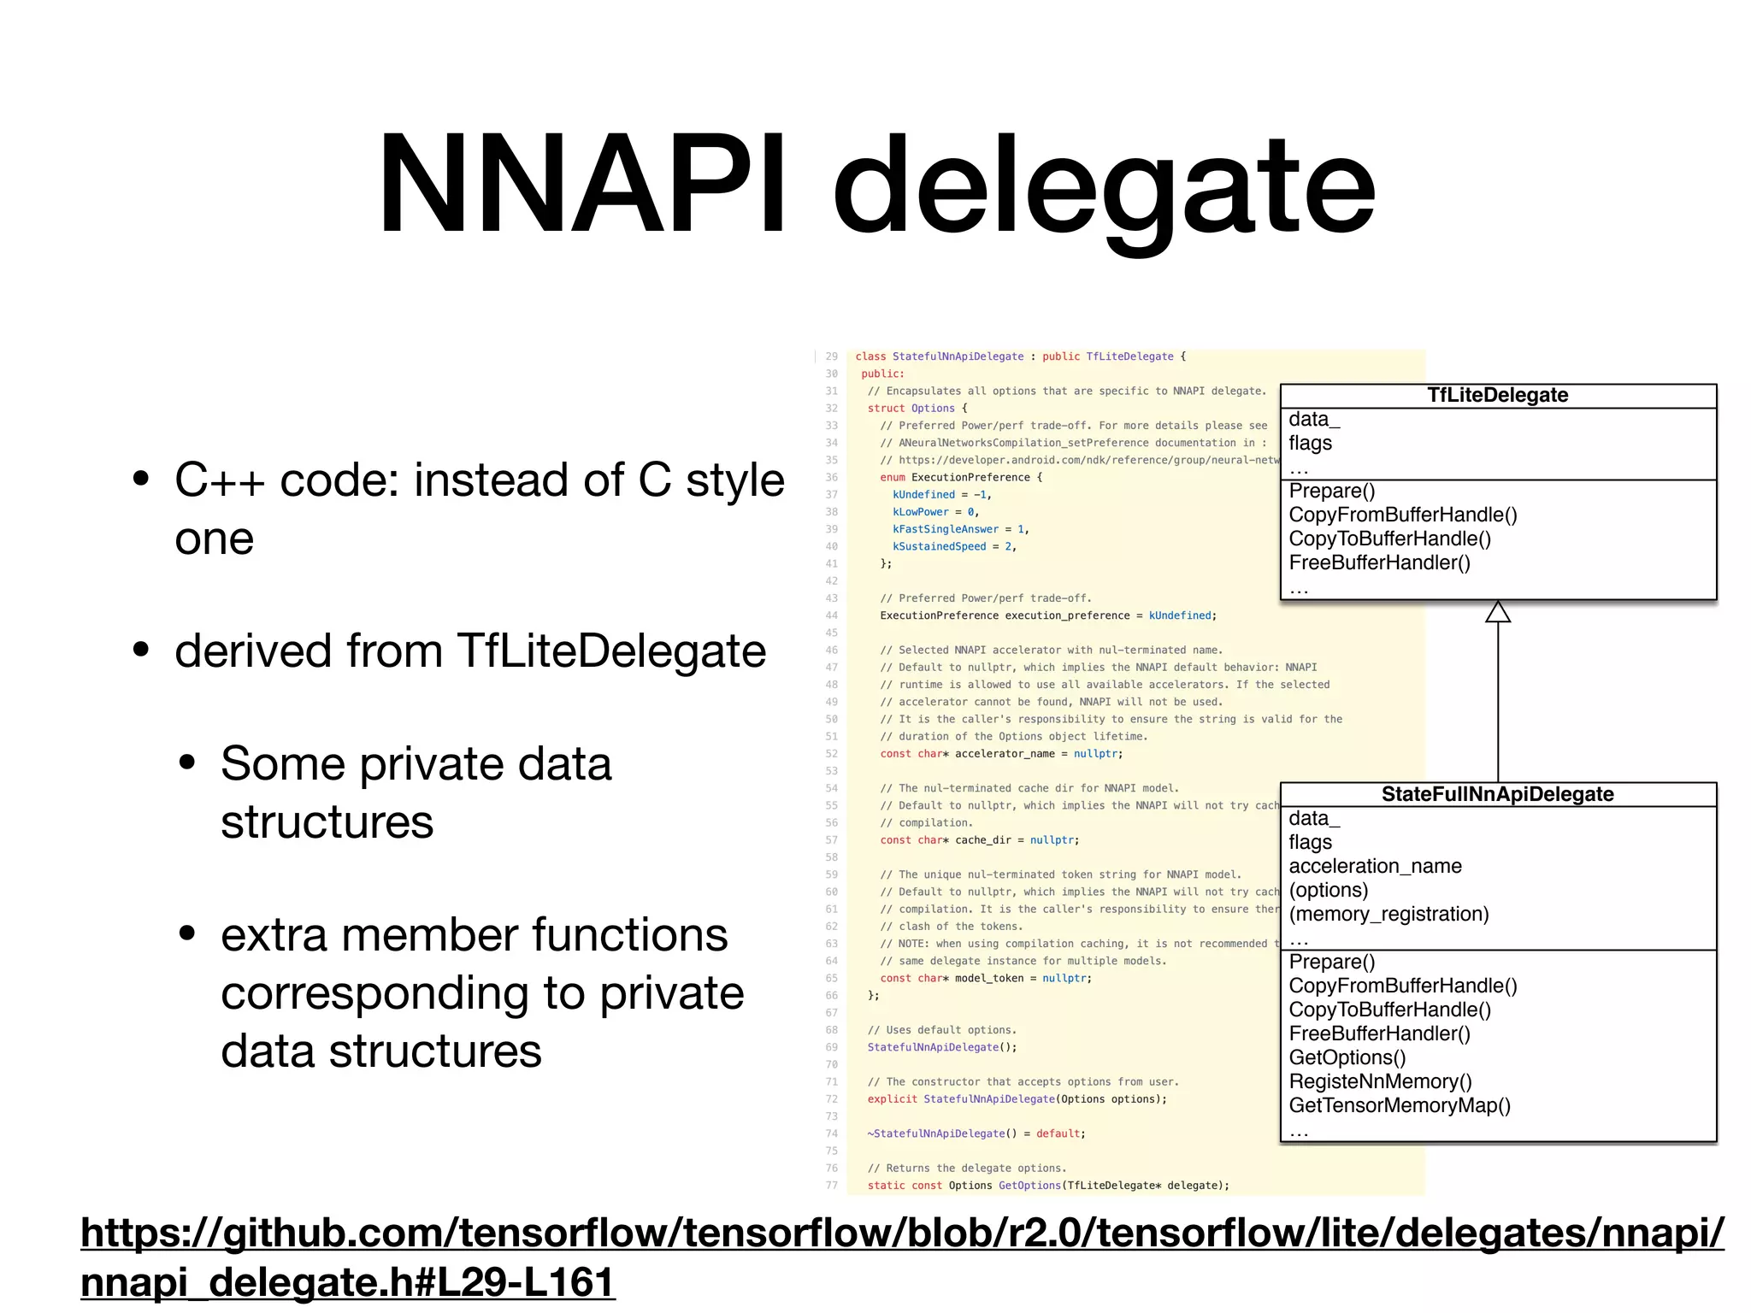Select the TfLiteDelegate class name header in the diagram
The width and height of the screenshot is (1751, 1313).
pos(1498,395)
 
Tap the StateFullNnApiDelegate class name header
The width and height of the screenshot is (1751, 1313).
pos(1498,794)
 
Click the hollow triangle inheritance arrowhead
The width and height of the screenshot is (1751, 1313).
pos(1498,612)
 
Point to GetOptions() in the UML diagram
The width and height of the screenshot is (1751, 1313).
pos(1347,1057)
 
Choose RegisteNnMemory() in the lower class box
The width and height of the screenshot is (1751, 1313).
pos(1380,1081)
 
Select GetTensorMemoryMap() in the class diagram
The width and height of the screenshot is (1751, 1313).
pos(1400,1105)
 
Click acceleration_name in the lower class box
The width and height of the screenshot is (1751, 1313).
pos(1375,866)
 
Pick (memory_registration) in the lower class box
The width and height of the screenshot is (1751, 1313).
pos(1388,914)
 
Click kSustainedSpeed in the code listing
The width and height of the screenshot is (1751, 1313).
pos(939,546)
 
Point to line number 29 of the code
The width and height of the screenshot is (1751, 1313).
pos(831,356)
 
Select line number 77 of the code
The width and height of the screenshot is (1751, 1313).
pos(831,1186)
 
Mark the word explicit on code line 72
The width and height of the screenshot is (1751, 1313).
pos(892,1099)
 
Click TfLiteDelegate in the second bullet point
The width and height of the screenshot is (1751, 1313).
pos(611,651)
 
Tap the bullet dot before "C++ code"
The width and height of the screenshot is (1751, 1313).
pos(141,479)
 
